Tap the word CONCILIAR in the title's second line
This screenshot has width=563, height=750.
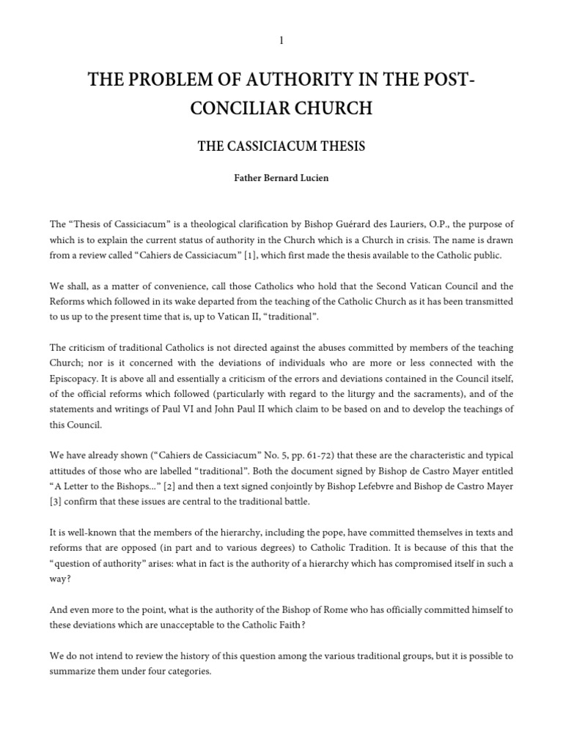[x=232, y=109]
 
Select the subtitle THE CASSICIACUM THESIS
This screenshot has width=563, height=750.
[x=281, y=147]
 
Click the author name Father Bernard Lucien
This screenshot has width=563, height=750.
[x=281, y=177]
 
